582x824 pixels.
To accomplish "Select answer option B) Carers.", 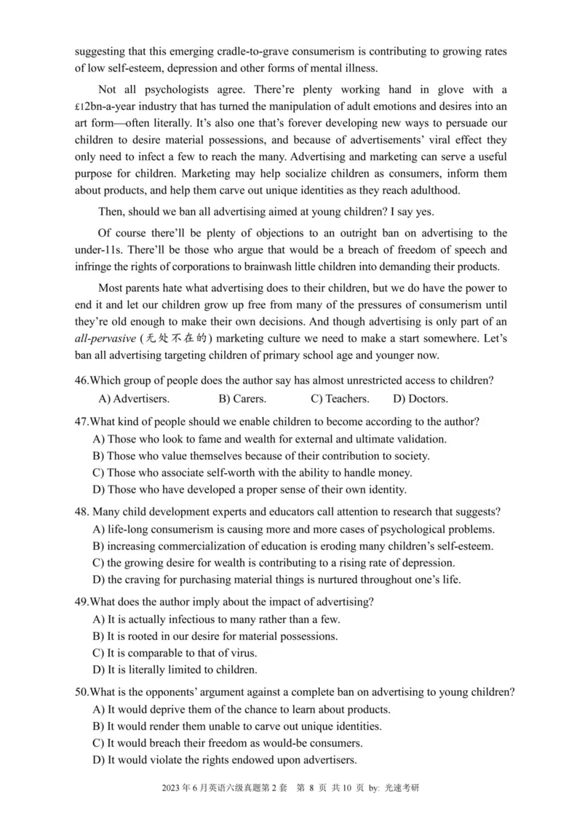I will [x=242, y=399].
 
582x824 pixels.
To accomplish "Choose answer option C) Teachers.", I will [x=340, y=399].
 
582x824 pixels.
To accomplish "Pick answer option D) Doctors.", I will [x=420, y=399].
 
